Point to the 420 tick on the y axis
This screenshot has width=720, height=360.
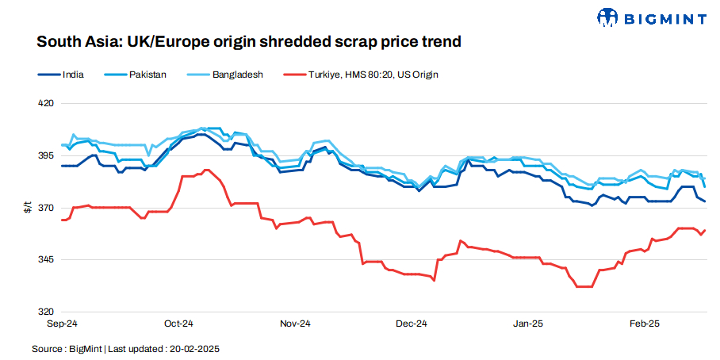[x=46, y=103]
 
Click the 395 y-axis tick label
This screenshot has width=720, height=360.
[x=46, y=155]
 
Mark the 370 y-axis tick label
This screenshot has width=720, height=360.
[x=46, y=208]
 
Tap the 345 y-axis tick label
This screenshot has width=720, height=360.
[x=46, y=260]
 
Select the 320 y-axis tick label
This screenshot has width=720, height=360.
[x=46, y=312]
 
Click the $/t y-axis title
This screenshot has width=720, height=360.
[x=27, y=208]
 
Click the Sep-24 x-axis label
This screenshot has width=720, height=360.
[x=62, y=324]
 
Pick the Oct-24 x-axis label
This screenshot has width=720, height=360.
[x=178, y=324]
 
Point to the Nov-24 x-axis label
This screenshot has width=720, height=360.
[x=295, y=324]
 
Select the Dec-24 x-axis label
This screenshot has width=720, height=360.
[x=412, y=324]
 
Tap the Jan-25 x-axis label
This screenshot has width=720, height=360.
[x=528, y=324]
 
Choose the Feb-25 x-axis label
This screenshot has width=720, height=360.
[x=645, y=324]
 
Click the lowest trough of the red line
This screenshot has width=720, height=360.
[x=584, y=286]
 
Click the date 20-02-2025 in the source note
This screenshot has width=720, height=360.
[x=193, y=349]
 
